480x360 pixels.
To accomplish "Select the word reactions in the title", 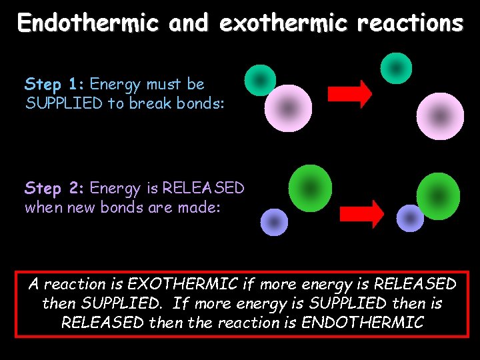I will (410, 23).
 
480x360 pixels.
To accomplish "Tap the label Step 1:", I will (55, 85).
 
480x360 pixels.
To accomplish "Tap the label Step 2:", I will (55, 189).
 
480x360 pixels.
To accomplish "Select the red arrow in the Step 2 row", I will (361, 213).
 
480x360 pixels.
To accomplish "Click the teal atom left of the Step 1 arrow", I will (260, 81).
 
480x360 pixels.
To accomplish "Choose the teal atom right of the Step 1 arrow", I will (396, 68).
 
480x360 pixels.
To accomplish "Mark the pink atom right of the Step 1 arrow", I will (440, 116).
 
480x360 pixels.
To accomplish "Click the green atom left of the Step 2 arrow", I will (311, 188).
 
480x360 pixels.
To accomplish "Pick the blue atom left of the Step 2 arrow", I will (273, 222).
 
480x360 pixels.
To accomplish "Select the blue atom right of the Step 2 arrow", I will (410, 218).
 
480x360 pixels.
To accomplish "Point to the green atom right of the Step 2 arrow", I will (438, 196).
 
